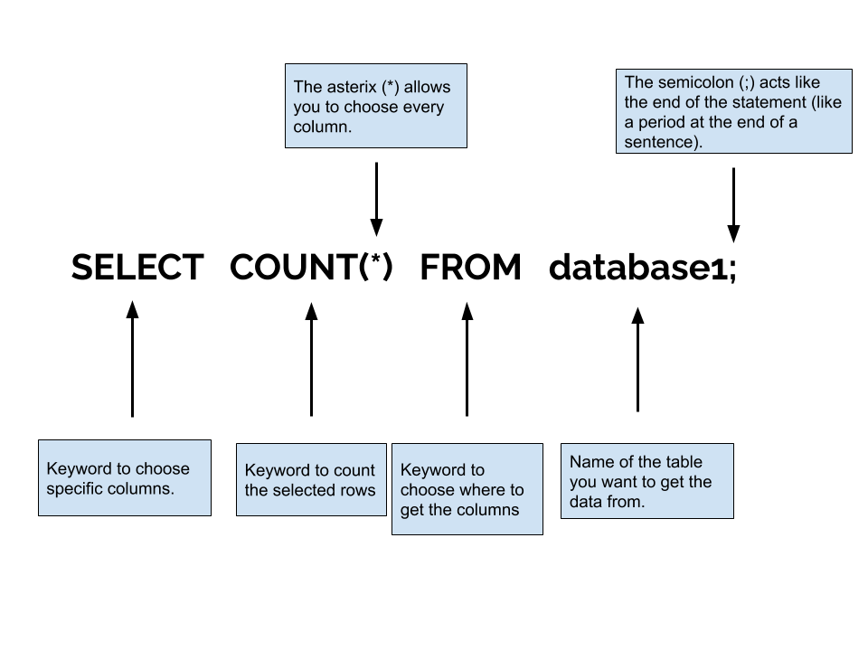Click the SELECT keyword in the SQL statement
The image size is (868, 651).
[x=137, y=268]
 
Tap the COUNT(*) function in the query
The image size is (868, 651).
[x=312, y=268]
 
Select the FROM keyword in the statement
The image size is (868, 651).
[x=470, y=268]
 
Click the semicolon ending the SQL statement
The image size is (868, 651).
[x=732, y=269]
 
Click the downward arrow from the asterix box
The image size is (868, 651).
[x=376, y=200]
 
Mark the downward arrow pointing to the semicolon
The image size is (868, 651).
[x=733, y=203]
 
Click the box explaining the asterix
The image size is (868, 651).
[x=376, y=105]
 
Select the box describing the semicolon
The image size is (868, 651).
[x=733, y=111]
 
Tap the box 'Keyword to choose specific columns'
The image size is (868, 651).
[x=125, y=477]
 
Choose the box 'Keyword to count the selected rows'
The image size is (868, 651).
[x=311, y=480]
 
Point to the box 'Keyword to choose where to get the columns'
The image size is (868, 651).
[x=467, y=489]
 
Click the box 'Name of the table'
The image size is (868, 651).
[x=646, y=481]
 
